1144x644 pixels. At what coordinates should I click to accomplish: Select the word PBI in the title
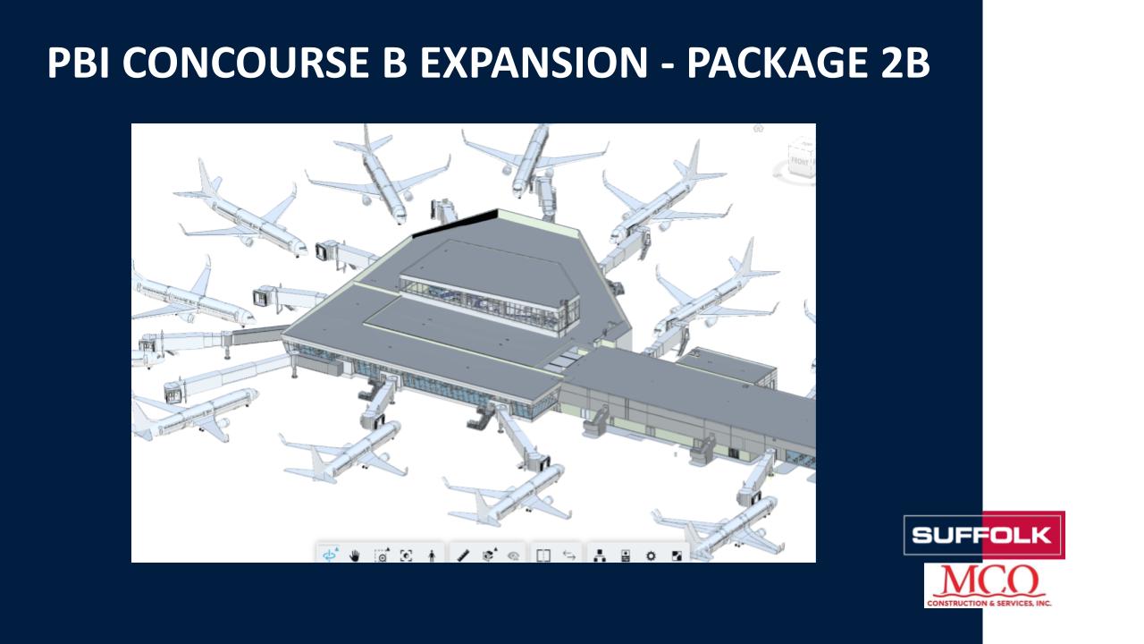click(78, 63)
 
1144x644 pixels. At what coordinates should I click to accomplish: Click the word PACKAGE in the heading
click(778, 63)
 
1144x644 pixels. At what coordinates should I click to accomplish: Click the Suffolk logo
click(984, 535)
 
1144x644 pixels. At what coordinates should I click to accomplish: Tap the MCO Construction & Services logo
click(988, 586)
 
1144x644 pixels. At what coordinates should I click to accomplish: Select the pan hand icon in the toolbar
click(355, 555)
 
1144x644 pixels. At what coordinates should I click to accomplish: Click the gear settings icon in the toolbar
click(651, 555)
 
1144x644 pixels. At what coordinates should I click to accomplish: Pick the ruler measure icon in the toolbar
click(463, 555)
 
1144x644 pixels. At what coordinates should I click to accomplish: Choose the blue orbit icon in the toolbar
click(331, 555)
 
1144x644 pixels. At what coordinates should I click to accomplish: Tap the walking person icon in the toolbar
click(432, 556)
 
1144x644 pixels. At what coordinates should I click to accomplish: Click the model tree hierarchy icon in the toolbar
click(600, 555)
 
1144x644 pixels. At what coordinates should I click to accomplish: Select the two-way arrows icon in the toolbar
click(569, 555)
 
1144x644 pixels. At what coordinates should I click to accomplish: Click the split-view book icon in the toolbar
click(543, 555)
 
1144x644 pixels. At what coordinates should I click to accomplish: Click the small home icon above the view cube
click(759, 128)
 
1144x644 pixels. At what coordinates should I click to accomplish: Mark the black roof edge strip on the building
click(455, 224)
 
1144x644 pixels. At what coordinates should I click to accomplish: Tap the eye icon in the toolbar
click(514, 555)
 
